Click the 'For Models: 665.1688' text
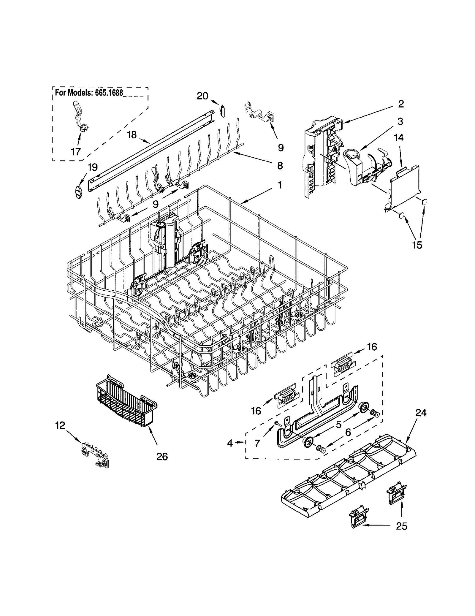click(x=89, y=93)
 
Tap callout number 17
click(x=76, y=152)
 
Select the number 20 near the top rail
click(x=202, y=96)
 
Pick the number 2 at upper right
click(x=400, y=104)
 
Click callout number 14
click(x=399, y=138)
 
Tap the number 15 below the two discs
click(x=417, y=245)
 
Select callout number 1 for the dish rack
click(x=280, y=185)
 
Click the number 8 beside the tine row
click(x=280, y=165)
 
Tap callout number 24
click(x=421, y=413)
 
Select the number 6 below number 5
click(x=348, y=432)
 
